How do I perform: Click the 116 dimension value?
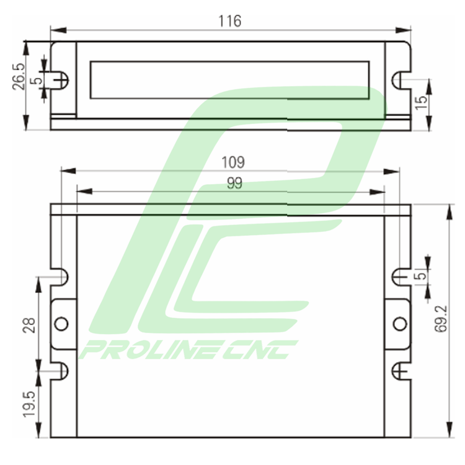[230, 21]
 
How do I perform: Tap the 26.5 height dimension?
[19, 76]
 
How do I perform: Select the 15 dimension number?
[422, 102]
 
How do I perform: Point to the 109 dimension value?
[233, 162]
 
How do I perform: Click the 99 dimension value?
[234, 183]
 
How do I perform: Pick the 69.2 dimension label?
[441, 319]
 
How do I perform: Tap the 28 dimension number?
[29, 325]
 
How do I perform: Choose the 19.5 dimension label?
[29, 404]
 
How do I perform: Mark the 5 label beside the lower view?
[420, 276]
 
